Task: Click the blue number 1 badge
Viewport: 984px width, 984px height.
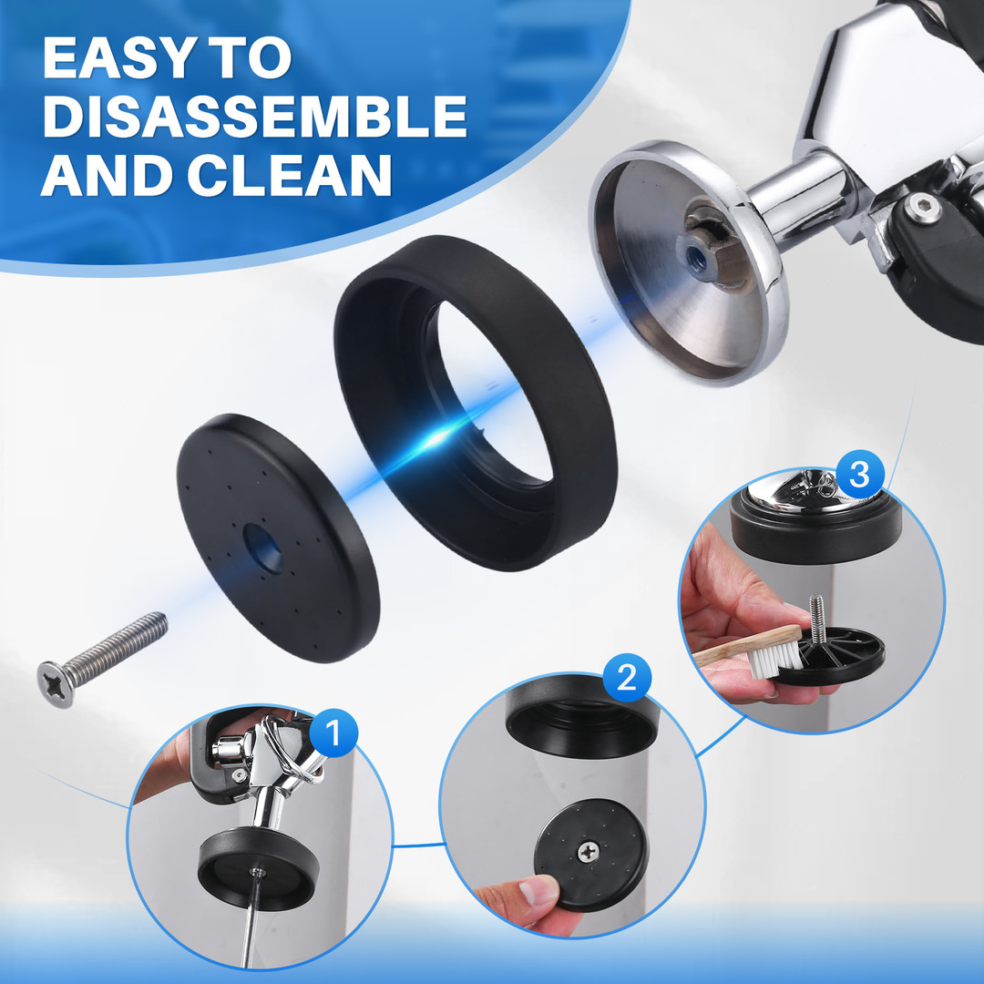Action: click(x=333, y=733)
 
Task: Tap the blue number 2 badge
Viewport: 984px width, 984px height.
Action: click(x=627, y=678)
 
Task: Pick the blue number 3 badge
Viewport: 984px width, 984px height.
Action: click(x=859, y=474)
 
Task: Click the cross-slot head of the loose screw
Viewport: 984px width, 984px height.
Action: click(x=56, y=684)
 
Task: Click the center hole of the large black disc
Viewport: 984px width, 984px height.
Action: click(x=263, y=548)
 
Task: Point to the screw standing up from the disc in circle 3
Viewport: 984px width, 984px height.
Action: click(x=817, y=622)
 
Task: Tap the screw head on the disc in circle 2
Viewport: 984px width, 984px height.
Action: click(x=588, y=852)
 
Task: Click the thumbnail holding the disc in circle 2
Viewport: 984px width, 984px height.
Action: click(x=539, y=890)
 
